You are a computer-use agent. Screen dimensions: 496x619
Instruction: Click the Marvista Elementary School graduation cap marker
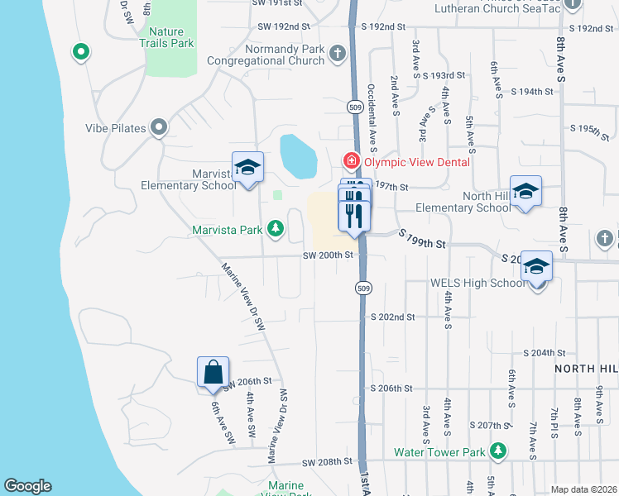point(247,168)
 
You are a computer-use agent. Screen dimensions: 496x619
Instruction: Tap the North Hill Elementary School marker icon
point(525,192)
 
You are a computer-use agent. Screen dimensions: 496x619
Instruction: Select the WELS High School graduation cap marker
point(536,267)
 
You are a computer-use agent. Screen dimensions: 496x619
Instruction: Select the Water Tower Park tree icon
point(497,451)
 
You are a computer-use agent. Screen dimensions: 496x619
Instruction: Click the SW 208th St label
point(328,461)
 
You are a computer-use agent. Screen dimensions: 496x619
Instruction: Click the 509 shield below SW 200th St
point(362,288)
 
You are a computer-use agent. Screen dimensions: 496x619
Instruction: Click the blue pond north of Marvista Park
point(298,156)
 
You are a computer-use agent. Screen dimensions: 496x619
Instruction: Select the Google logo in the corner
point(27,486)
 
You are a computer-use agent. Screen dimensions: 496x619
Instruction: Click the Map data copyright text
point(583,489)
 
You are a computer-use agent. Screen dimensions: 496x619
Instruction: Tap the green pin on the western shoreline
point(81,52)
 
